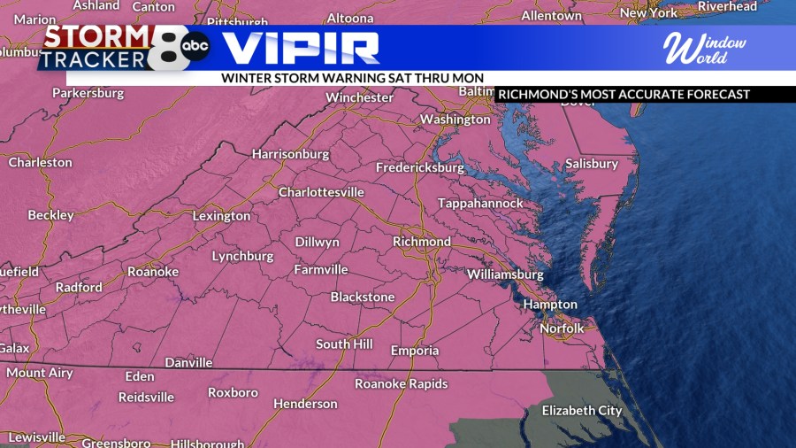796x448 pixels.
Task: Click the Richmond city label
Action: click(x=422, y=242)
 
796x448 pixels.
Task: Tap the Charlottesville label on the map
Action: click(x=321, y=192)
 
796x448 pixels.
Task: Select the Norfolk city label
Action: click(x=563, y=328)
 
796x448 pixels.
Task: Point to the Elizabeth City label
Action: click(x=582, y=411)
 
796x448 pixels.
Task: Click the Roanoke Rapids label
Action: click(x=402, y=384)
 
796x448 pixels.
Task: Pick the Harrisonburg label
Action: click(x=290, y=154)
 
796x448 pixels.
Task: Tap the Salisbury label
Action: click(x=592, y=164)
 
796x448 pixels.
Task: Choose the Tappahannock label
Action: click(x=480, y=204)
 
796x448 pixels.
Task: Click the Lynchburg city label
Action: click(x=242, y=257)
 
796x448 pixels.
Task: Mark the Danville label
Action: click(x=188, y=363)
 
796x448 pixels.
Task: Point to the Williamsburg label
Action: click(x=505, y=274)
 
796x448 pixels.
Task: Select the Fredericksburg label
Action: click(x=420, y=167)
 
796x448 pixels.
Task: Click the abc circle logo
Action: click(x=195, y=46)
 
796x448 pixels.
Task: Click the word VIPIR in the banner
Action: click(x=301, y=47)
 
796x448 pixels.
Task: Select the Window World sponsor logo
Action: click(x=705, y=48)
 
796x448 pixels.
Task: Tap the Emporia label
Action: click(x=415, y=351)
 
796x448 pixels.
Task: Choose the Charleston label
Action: click(x=40, y=163)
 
